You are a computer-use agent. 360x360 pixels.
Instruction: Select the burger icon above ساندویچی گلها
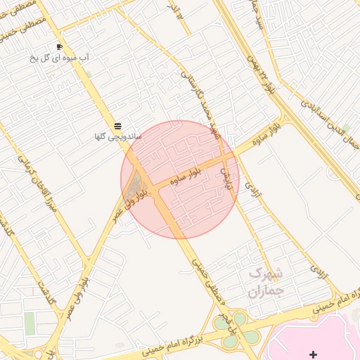117,125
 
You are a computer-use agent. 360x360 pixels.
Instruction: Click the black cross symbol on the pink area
313,354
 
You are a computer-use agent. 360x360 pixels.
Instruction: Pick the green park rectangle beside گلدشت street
30,323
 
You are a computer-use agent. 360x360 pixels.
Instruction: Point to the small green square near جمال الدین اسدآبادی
345,128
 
